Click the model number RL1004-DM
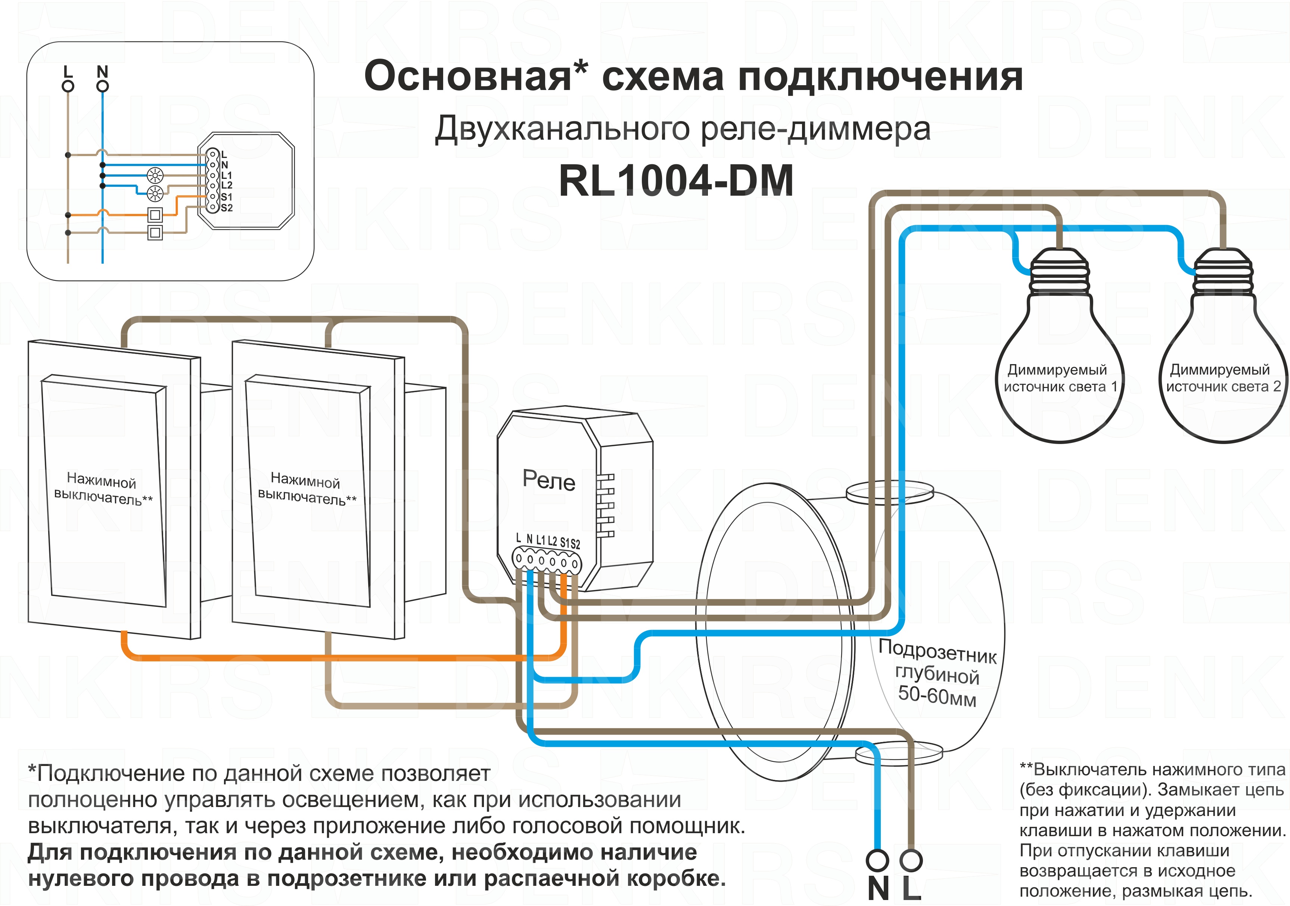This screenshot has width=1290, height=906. point(676,181)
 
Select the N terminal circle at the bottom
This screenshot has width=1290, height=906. point(877,860)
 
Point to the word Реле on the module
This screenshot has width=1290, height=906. point(549,481)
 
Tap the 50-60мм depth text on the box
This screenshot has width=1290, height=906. point(936,696)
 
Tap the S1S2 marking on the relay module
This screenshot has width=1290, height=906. point(570,543)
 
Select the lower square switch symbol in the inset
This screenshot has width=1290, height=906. point(155,232)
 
